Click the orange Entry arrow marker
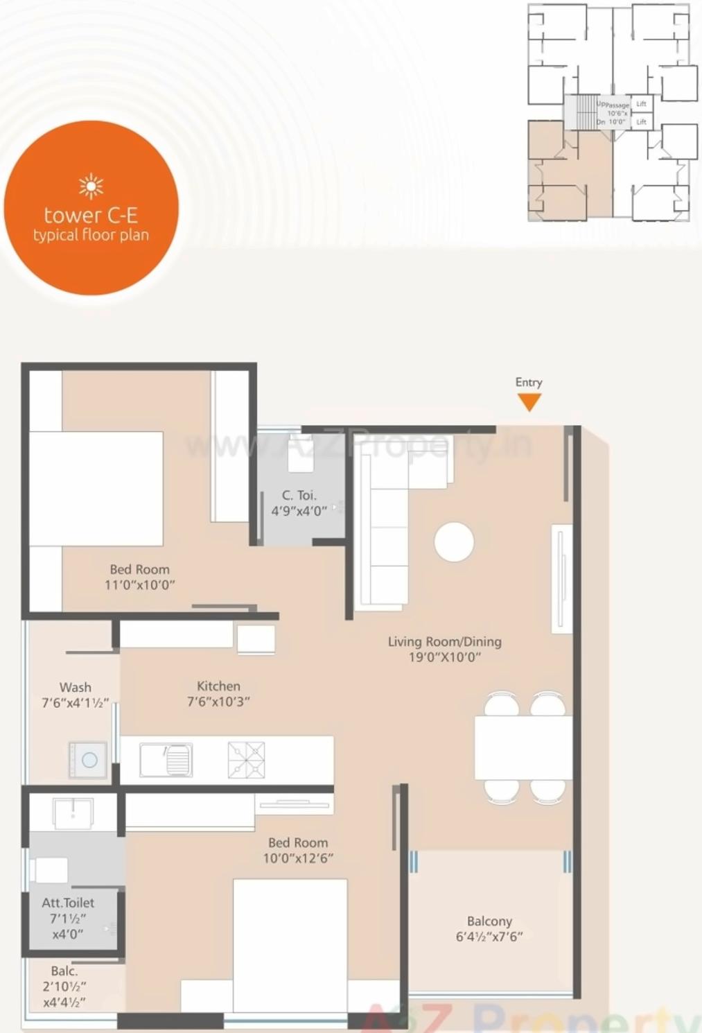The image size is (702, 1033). pyautogui.click(x=529, y=401)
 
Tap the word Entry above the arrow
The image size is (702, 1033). pyautogui.click(x=529, y=382)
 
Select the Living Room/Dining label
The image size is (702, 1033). pyautogui.click(x=444, y=641)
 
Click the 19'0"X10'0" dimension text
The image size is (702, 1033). pyautogui.click(x=444, y=657)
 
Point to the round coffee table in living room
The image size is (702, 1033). pyautogui.click(x=454, y=541)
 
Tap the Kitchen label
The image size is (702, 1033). pyautogui.click(x=218, y=686)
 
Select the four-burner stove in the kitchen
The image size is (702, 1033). pyautogui.click(x=246, y=759)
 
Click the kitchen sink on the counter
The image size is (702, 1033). pyautogui.click(x=167, y=760)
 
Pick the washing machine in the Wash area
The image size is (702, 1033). pyautogui.click(x=88, y=760)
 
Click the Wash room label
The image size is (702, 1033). pyautogui.click(x=75, y=687)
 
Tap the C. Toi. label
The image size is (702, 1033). pyautogui.click(x=299, y=495)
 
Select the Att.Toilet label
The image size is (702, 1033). pyautogui.click(x=68, y=903)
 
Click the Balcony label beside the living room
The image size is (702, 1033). pyautogui.click(x=489, y=921)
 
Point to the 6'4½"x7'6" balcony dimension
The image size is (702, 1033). pyautogui.click(x=489, y=937)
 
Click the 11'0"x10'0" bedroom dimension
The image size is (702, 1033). pyautogui.click(x=139, y=585)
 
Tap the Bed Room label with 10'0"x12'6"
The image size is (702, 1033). pyautogui.click(x=298, y=843)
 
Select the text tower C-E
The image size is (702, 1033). pyautogui.click(x=91, y=215)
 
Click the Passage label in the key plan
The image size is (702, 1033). pyautogui.click(x=617, y=105)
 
